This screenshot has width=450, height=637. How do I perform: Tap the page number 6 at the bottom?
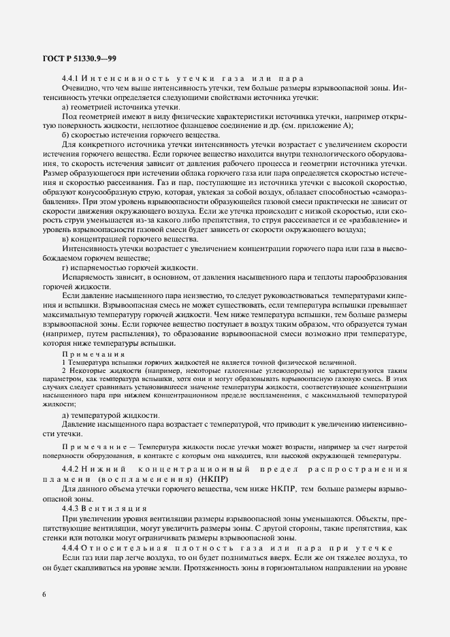pyautogui.click(x=44, y=594)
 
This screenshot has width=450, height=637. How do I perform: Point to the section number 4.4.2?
pyautogui.click(x=71, y=470)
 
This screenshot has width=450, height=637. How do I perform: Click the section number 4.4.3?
pyautogui.click(x=71, y=508)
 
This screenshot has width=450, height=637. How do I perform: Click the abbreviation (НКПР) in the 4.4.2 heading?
pyautogui.click(x=214, y=479)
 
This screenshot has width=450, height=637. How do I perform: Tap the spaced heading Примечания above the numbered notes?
pyautogui.click(x=93, y=355)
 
